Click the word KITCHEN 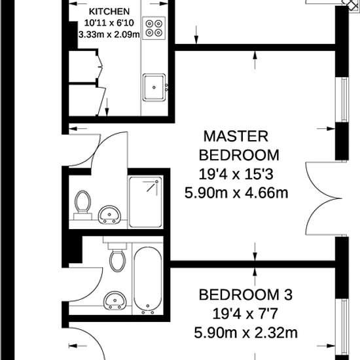point(109,12)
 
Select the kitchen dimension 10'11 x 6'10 point(109,24)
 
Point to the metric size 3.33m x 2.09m point(109,35)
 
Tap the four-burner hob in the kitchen point(154,28)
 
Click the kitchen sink point(154,85)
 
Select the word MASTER point(236,136)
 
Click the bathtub point(148,280)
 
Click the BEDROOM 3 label point(245,293)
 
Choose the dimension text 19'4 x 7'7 point(245,313)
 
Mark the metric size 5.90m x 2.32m point(245,333)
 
